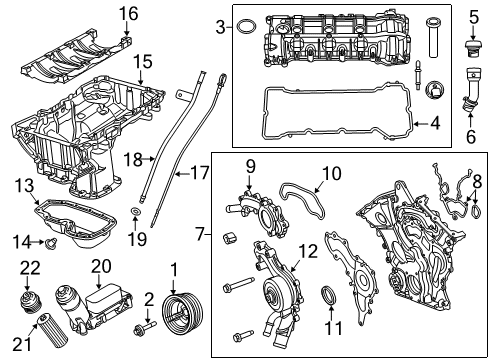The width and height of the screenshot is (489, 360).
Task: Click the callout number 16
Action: point(128,14)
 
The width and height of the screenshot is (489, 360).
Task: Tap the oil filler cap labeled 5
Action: point(472,49)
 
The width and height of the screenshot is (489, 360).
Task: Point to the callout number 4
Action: point(435,123)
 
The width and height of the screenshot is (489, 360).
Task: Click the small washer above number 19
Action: point(136,211)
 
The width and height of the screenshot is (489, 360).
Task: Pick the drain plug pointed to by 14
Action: point(51,244)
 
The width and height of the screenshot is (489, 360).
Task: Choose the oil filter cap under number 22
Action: point(29,302)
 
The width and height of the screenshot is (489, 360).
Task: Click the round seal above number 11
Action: point(329,295)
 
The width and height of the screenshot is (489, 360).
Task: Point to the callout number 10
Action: point(331,174)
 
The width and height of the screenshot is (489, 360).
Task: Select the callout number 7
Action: point(200,234)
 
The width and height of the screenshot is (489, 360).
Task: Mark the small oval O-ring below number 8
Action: point(477,212)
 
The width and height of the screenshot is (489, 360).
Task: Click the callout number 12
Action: point(308,252)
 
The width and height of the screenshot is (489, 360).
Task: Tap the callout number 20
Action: point(101,267)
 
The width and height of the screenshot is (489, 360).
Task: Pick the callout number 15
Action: point(143,62)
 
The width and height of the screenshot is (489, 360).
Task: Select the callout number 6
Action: point(471,137)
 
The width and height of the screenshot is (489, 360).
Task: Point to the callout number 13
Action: point(24,186)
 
